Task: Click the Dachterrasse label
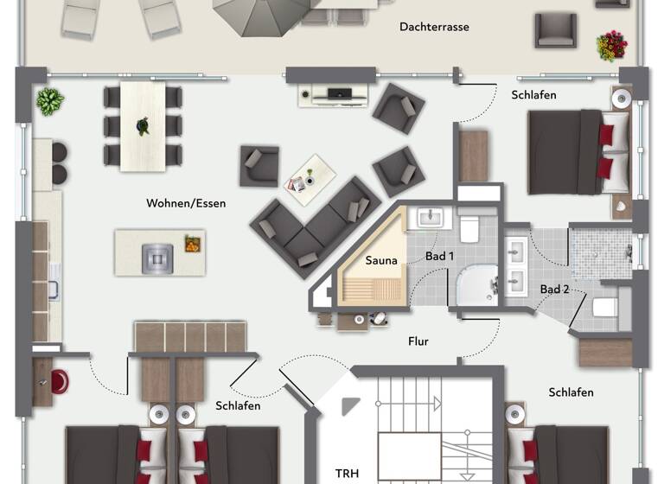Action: [x=434, y=27]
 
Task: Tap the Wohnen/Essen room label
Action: [x=186, y=204]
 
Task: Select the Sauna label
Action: [x=381, y=260]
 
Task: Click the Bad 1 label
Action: [x=440, y=257]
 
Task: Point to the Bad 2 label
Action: [x=554, y=289]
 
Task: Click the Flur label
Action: [x=418, y=341]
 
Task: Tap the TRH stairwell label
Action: [x=347, y=474]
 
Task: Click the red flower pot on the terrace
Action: [x=611, y=45]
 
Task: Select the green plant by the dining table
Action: [x=49, y=101]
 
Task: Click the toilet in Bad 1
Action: [x=469, y=228]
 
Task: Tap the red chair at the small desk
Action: [x=60, y=381]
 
